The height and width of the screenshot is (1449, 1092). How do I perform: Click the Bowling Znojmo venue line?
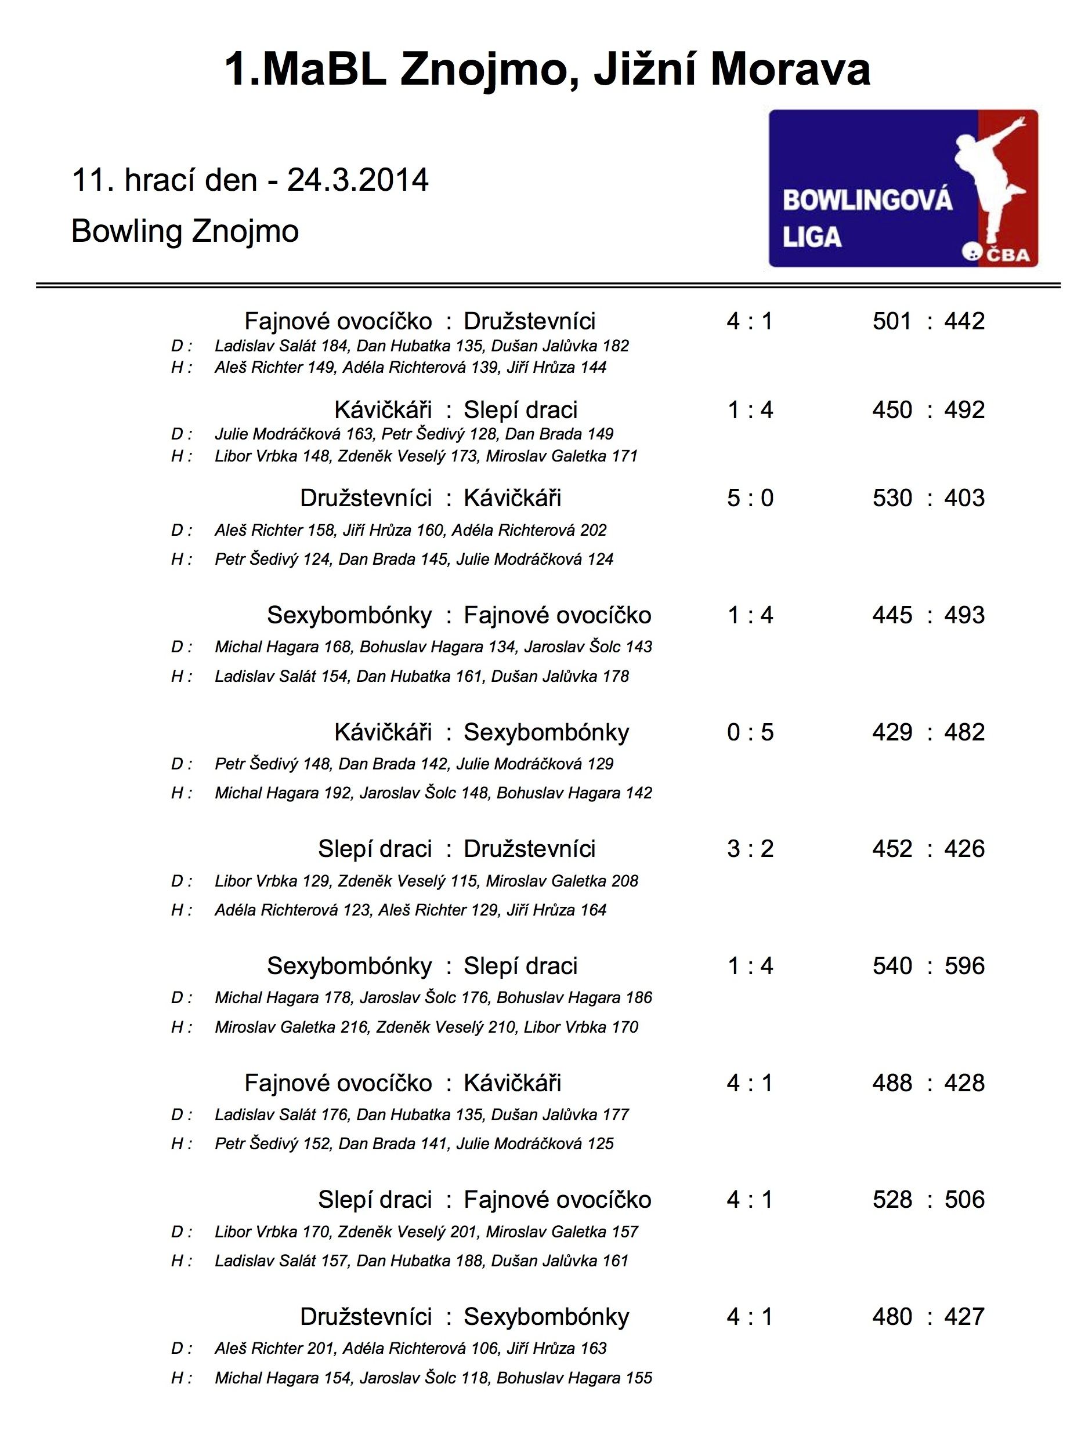185,231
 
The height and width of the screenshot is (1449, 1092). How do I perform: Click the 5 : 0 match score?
750,499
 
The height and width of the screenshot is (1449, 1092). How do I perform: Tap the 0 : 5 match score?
750,732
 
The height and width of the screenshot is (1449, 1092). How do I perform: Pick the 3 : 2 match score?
750,849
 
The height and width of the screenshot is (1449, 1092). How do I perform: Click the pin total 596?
964,966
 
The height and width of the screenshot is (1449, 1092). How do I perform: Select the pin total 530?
891,499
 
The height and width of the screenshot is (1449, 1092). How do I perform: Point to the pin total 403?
964,499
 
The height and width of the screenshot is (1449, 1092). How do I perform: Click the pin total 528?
891,1200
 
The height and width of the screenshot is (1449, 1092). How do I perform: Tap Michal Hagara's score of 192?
338,793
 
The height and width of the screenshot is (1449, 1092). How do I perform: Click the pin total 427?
964,1317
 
